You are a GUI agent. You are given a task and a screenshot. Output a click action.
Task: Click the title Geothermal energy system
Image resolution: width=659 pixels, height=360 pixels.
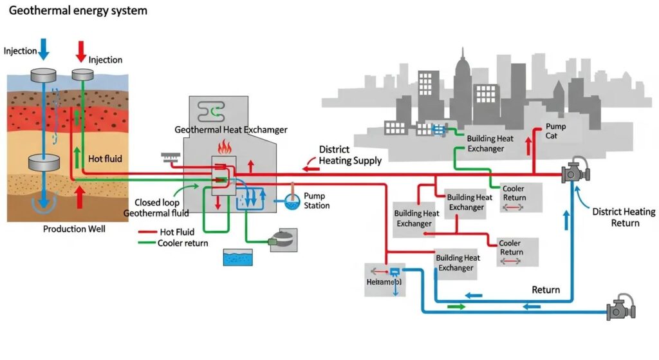(x=78, y=11)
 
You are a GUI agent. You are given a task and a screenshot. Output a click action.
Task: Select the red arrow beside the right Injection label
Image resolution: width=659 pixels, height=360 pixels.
(x=81, y=50)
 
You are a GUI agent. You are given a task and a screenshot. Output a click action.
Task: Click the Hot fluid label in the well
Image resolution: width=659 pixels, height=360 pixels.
(x=105, y=158)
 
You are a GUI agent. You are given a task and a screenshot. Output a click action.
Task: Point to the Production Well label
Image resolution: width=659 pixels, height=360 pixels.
(x=74, y=229)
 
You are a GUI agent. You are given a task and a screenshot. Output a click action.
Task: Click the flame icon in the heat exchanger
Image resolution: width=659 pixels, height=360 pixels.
(x=225, y=147)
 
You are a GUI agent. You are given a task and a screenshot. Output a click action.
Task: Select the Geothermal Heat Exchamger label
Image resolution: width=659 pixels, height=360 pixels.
(x=231, y=129)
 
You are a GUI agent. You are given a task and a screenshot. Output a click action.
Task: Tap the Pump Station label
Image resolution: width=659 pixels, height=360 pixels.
(x=317, y=200)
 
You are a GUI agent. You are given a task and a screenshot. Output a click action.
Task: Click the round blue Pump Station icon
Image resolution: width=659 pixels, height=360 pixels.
(x=291, y=202)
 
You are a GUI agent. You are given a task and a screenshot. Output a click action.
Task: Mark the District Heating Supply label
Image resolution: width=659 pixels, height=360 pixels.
(x=350, y=155)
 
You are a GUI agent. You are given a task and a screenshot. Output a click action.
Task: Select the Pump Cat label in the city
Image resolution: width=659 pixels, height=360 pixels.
(x=555, y=131)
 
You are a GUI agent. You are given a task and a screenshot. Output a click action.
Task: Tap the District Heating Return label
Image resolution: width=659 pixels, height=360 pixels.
(x=624, y=217)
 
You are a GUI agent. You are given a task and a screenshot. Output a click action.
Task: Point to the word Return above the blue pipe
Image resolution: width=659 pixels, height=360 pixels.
(x=545, y=290)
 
